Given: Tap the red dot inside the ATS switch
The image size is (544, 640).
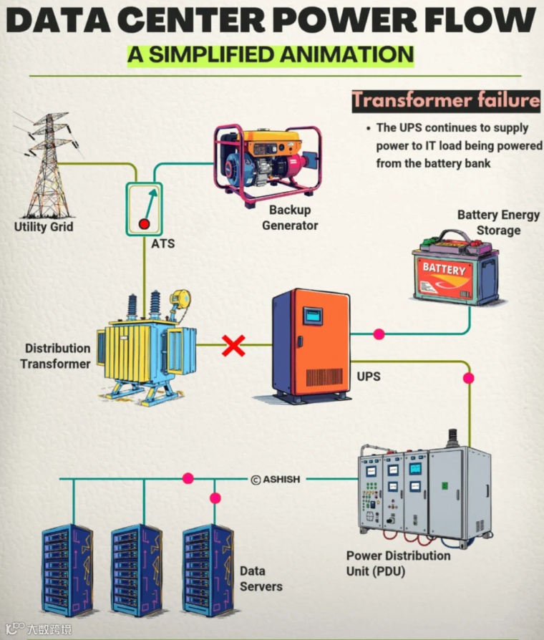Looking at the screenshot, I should coord(144,223).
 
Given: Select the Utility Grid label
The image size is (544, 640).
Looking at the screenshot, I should coord(44,227).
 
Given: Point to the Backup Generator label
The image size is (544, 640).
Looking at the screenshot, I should coord(290,218).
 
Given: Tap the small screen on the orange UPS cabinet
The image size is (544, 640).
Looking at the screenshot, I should coord(311,316).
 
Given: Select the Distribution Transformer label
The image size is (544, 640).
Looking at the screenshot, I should coord(57,356).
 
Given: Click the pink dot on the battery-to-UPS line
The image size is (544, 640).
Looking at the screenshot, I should coord(379,334).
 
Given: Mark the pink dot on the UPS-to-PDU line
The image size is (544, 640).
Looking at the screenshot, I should coord(469,378).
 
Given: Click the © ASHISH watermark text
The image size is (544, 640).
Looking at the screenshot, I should coord(276,479).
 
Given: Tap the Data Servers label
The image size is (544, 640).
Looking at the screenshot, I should coord(261,579).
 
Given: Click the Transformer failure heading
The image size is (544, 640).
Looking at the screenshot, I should coord(445,100).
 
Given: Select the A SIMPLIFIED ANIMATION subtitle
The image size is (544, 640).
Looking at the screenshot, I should coord(271,54).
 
